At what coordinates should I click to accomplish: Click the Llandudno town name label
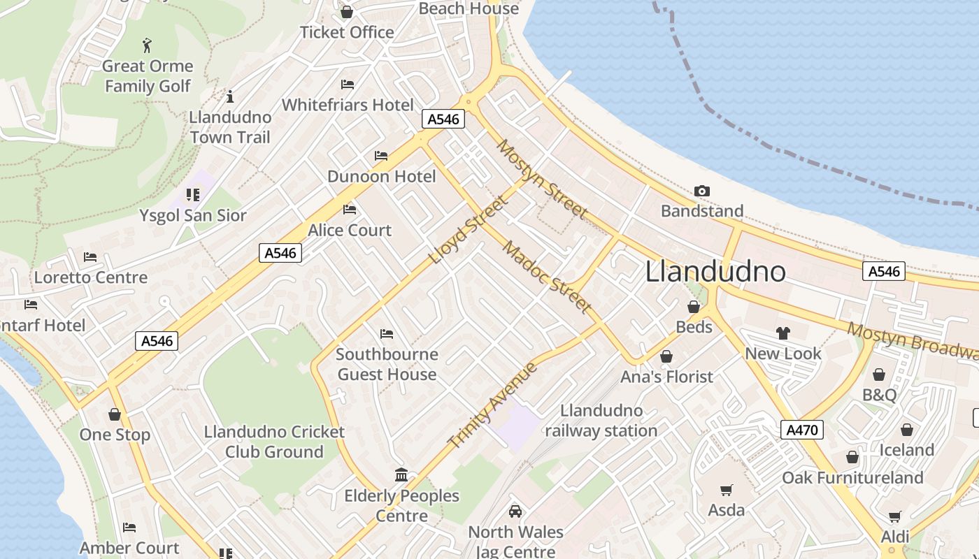(x=715, y=271)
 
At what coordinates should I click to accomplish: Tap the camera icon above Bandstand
(x=702, y=191)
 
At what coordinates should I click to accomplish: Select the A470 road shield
(x=801, y=430)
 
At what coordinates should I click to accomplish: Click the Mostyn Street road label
(x=542, y=179)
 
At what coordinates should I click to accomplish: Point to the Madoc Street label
(x=547, y=277)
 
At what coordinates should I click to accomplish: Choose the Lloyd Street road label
(x=467, y=231)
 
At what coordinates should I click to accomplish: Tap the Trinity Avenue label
(x=492, y=405)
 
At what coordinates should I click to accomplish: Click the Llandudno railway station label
(x=601, y=421)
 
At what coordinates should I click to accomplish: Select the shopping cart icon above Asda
(x=727, y=491)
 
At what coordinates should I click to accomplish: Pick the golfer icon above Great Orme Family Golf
(x=147, y=46)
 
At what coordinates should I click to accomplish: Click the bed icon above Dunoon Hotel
(x=381, y=156)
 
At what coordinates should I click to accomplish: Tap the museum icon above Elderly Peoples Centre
(x=401, y=475)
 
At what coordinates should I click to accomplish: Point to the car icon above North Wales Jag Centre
(x=515, y=511)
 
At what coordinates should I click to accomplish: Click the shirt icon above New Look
(x=783, y=333)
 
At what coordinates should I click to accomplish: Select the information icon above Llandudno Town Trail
(x=230, y=96)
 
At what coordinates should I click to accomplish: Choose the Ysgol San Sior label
(x=193, y=215)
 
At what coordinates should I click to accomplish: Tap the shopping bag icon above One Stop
(x=115, y=414)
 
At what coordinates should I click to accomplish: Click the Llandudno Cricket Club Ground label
(x=274, y=442)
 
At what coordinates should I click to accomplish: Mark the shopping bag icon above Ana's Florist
(x=666, y=357)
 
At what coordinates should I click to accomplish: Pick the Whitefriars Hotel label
(x=348, y=105)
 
